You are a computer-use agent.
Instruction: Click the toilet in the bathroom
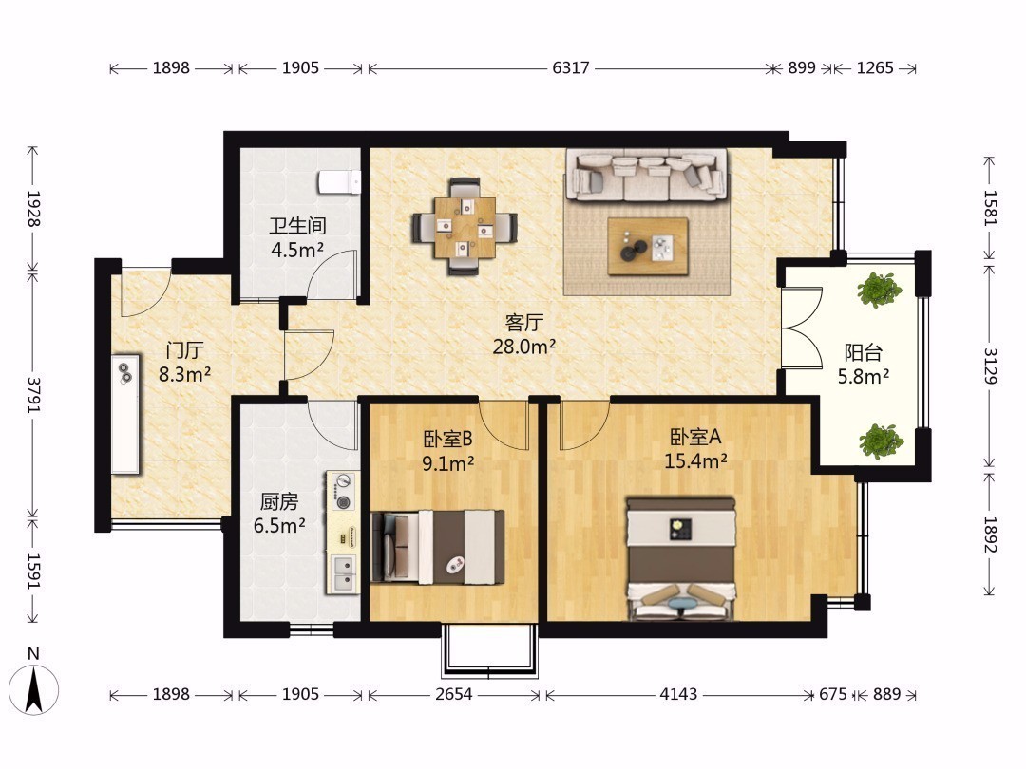339,181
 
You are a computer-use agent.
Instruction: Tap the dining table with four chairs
464,227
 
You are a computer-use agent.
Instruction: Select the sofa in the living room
647,175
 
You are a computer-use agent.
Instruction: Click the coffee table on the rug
648,247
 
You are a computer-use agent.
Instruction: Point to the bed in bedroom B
438,548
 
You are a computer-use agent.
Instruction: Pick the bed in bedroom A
681,559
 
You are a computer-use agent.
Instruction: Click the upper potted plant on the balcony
879,290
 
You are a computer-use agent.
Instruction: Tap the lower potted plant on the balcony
881,441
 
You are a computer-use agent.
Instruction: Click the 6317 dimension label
571,68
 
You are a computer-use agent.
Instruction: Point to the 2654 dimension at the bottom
453,694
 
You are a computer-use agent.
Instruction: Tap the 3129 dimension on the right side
990,366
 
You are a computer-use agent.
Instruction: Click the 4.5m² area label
297,250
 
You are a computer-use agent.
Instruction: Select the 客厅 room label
524,323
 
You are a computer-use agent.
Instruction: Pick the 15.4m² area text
695,461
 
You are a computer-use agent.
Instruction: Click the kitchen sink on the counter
343,573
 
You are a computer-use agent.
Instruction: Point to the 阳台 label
863,353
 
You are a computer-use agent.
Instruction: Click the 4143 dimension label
678,694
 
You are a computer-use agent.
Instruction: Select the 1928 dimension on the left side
32,209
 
